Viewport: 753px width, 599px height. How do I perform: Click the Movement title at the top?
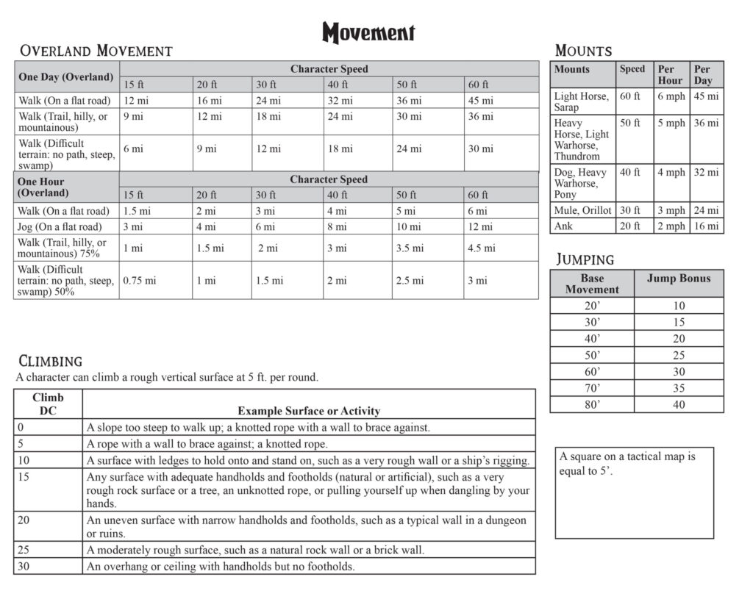(x=368, y=32)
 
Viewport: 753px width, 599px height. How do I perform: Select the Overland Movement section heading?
(x=96, y=51)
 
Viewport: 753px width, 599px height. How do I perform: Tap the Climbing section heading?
(x=50, y=361)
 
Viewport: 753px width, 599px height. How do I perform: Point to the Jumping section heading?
(x=585, y=259)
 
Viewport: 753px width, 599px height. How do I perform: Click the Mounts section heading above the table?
(x=583, y=51)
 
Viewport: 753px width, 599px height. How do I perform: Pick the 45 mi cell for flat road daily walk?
(x=480, y=101)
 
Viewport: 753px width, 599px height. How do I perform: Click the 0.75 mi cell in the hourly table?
(x=139, y=281)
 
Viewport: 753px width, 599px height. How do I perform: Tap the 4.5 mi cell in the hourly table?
(x=482, y=248)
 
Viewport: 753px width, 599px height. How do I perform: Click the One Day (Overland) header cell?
(x=66, y=76)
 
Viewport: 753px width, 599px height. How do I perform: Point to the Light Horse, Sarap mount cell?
(x=582, y=101)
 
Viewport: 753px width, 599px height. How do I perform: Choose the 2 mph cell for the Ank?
(x=671, y=226)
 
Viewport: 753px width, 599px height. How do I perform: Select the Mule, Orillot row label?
(x=582, y=210)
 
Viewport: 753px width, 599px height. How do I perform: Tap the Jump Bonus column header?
(x=678, y=279)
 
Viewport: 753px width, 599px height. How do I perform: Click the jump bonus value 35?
(x=678, y=388)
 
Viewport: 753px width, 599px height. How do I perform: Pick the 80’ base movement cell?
(x=591, y=404)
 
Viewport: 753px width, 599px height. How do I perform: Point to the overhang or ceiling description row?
(x=221, y=567)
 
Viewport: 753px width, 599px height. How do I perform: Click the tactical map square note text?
(x=627, y=463)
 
